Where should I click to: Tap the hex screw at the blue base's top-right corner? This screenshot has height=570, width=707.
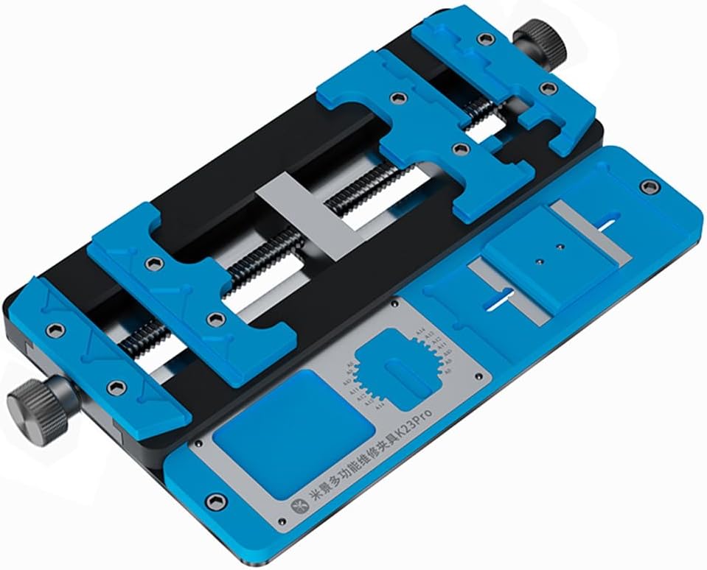(x=649, y=186)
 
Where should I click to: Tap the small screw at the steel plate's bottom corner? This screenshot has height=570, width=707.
(x=284, y=522)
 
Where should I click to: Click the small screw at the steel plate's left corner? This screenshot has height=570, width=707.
(x=198, y=445)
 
